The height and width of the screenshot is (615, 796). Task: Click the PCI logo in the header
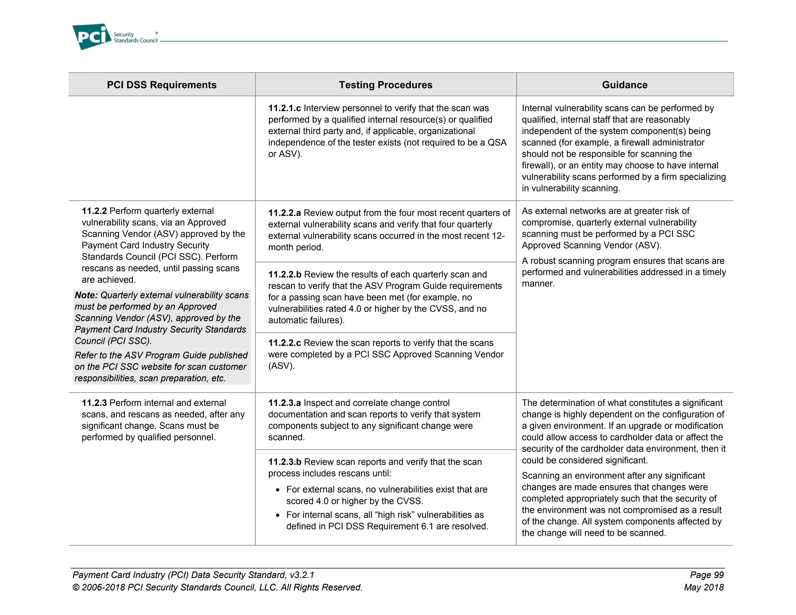pos(92,37)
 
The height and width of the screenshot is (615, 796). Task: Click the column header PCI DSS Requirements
pos(162,85)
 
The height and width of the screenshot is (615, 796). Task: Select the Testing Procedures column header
pos(385,85)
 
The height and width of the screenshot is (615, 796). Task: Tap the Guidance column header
pos(624,85)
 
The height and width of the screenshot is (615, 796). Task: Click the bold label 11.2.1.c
pos(284,108)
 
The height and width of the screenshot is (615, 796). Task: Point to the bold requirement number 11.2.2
pos(94,211)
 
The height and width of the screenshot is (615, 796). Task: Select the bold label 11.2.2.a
pos(285,213)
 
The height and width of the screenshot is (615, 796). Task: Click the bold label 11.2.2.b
pos(285,274)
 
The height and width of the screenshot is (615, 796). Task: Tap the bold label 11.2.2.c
pos(284,343)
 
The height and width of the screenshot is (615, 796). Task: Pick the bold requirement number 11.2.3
pos(94,403)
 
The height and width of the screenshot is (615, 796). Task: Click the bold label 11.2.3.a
pos(285,403)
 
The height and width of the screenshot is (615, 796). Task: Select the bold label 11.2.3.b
pos(285,462)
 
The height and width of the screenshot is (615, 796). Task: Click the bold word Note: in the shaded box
pos(86,295)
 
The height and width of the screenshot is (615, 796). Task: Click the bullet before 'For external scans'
pos(278,490)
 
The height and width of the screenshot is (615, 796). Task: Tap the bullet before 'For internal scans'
pos(278,515)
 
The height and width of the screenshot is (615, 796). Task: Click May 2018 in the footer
pos(703,587)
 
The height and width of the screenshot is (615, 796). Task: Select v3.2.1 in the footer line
pos(302,575)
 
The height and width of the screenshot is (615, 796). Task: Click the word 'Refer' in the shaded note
pos(85,355)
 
